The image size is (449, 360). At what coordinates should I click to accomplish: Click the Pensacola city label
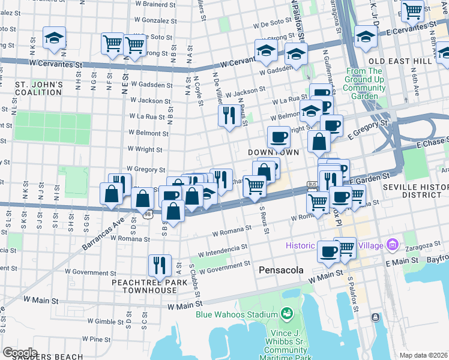coord(282,271)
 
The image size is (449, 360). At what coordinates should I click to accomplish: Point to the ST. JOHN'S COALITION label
coord(39,88)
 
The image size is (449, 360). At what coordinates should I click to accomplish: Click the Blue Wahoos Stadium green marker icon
coord(286,314)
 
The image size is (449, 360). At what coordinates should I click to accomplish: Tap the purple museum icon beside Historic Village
coord(393,245)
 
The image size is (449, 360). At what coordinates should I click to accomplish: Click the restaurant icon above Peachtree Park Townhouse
coord(160,265)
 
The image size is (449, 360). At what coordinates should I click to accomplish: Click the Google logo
coord(20,353)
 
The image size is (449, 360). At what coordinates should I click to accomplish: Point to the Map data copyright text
coord(424,355)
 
